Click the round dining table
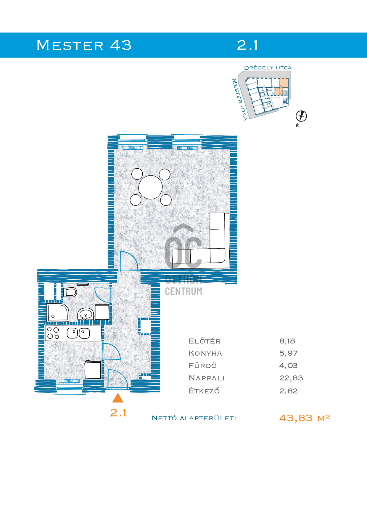point(150,187)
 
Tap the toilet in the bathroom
point(70,292)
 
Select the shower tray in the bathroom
point(58,312)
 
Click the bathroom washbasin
point(86,314)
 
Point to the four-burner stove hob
point(53,333)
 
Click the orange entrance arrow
point(118,398)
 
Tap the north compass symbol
point(301,116)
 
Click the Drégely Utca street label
point(268,68)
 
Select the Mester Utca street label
point(239,100)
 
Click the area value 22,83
point(291,378)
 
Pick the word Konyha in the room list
point(205,353)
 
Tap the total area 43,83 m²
point(305,418)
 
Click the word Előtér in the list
point(205,341)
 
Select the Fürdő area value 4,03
point(289,366)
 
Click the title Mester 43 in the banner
point(84,45)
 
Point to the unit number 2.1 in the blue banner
point(247,45)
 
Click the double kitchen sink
point(78,333)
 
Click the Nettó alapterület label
point(194,418)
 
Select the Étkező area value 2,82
point(289,391)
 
